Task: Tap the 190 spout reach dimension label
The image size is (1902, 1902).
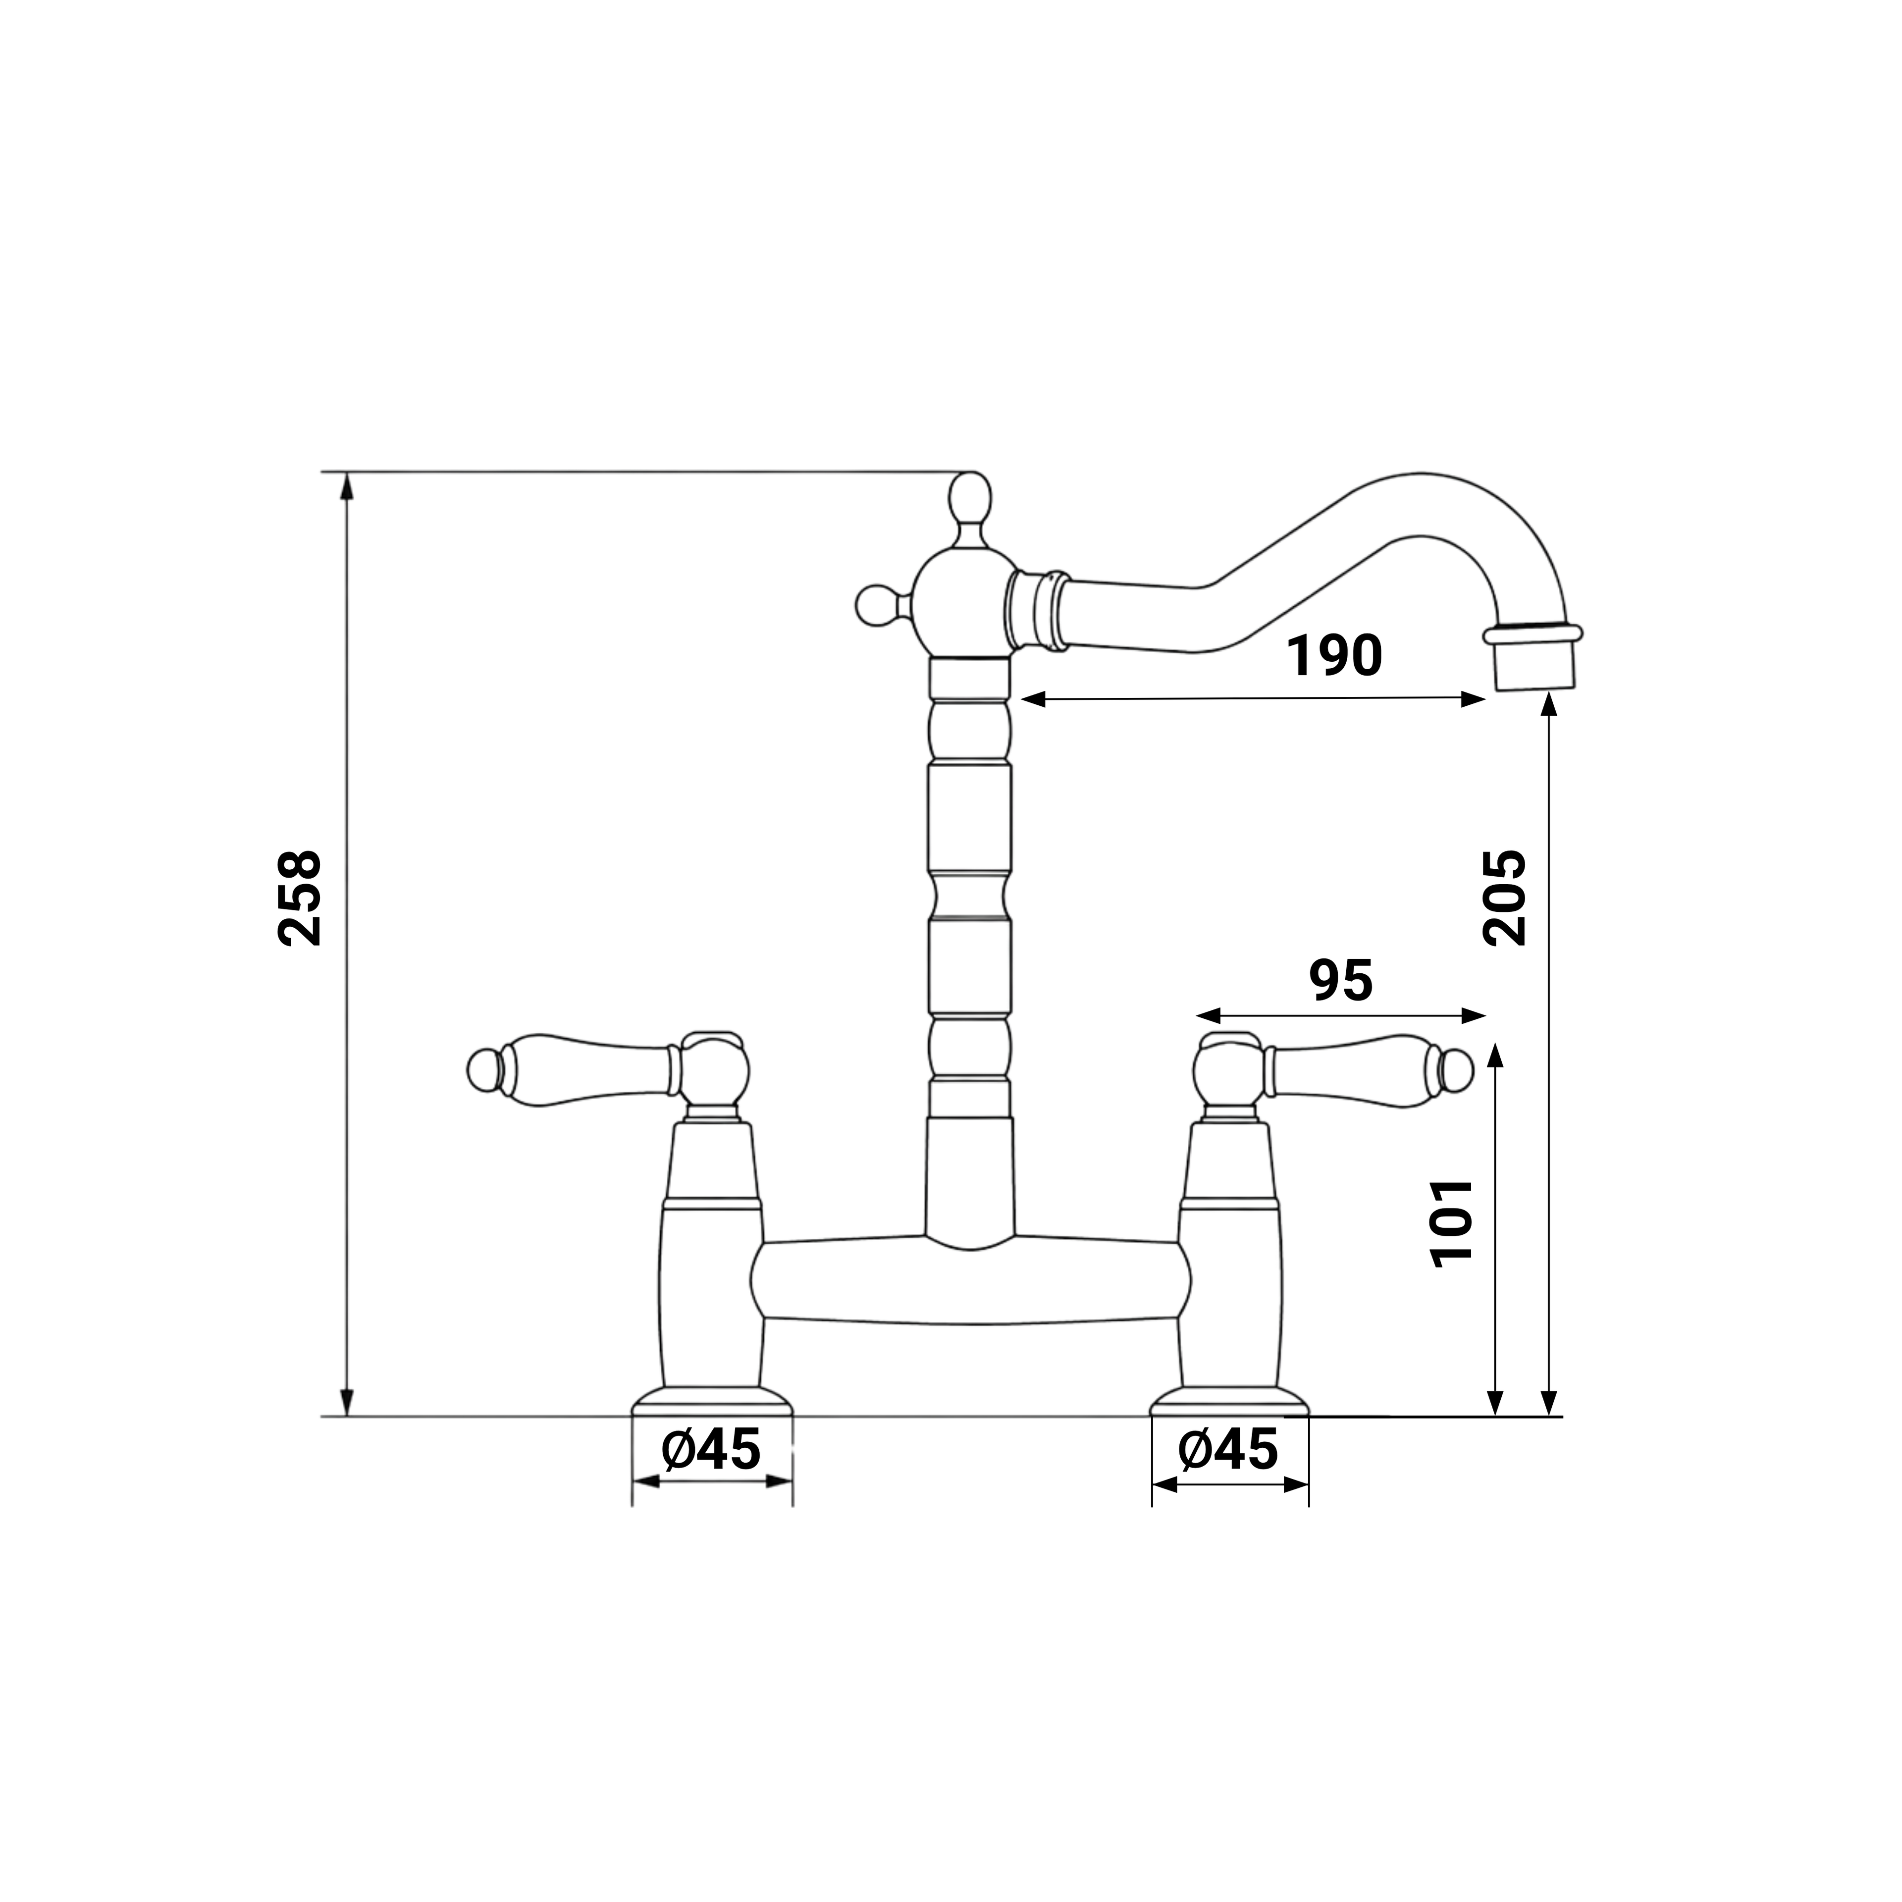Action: (1335, 656)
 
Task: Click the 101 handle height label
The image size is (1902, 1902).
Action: (1451, 1223)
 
